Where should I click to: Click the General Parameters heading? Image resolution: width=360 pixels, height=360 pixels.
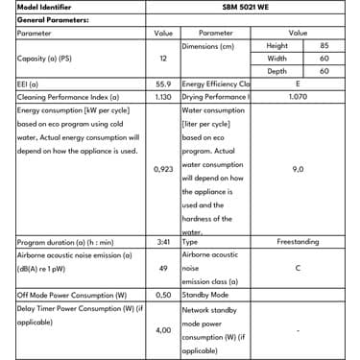tap(53, 19)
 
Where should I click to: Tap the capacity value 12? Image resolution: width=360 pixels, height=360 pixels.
tap(163, 59)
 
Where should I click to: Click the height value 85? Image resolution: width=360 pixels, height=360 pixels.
tap(324, 46)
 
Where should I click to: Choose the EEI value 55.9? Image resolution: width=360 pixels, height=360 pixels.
tap(163, 84)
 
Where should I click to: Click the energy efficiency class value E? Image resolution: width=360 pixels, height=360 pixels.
tap(298, 84)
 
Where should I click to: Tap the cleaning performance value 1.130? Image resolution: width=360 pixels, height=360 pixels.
tap(163, 97)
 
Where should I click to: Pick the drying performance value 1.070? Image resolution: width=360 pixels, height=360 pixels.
tap(298, 97)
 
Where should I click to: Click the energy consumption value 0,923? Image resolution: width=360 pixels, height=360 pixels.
tap(163, 169)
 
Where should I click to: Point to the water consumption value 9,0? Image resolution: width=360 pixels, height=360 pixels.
tap(298, 169)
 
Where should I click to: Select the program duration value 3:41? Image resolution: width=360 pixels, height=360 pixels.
tap(163, 243)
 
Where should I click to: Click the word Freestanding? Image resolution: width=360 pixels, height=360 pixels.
tap(298, 243)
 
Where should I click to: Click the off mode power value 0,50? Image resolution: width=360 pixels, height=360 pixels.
tap(163, 295)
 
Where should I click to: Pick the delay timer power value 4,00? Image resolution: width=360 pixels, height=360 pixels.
tap(163, 330)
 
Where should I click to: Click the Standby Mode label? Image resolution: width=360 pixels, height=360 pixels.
tap(207, 295)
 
